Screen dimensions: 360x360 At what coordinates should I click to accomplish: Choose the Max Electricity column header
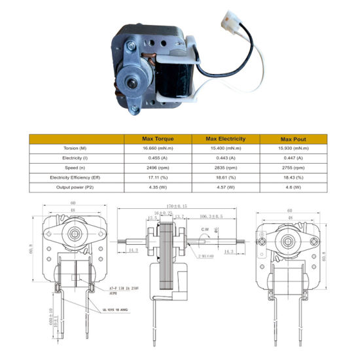225,139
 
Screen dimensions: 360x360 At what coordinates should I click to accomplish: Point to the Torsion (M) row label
76,149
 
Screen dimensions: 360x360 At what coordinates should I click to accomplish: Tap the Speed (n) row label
76,168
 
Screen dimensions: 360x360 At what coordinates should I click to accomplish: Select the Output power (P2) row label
76,187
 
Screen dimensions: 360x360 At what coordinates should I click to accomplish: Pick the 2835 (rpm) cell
225,168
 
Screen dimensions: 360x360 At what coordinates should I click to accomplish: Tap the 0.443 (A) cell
225,158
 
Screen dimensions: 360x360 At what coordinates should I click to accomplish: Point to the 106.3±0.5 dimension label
211,216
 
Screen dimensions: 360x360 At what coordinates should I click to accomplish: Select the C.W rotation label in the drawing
205,229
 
